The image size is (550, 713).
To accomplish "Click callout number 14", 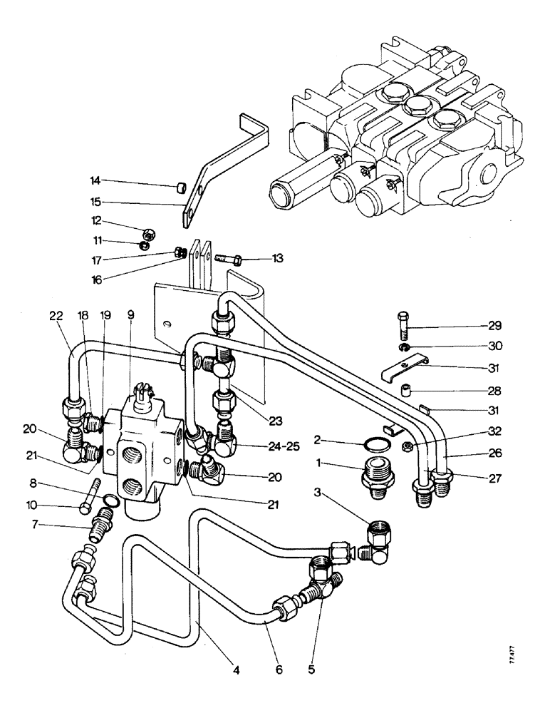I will (95, 180).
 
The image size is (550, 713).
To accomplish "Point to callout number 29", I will (494, 326).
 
